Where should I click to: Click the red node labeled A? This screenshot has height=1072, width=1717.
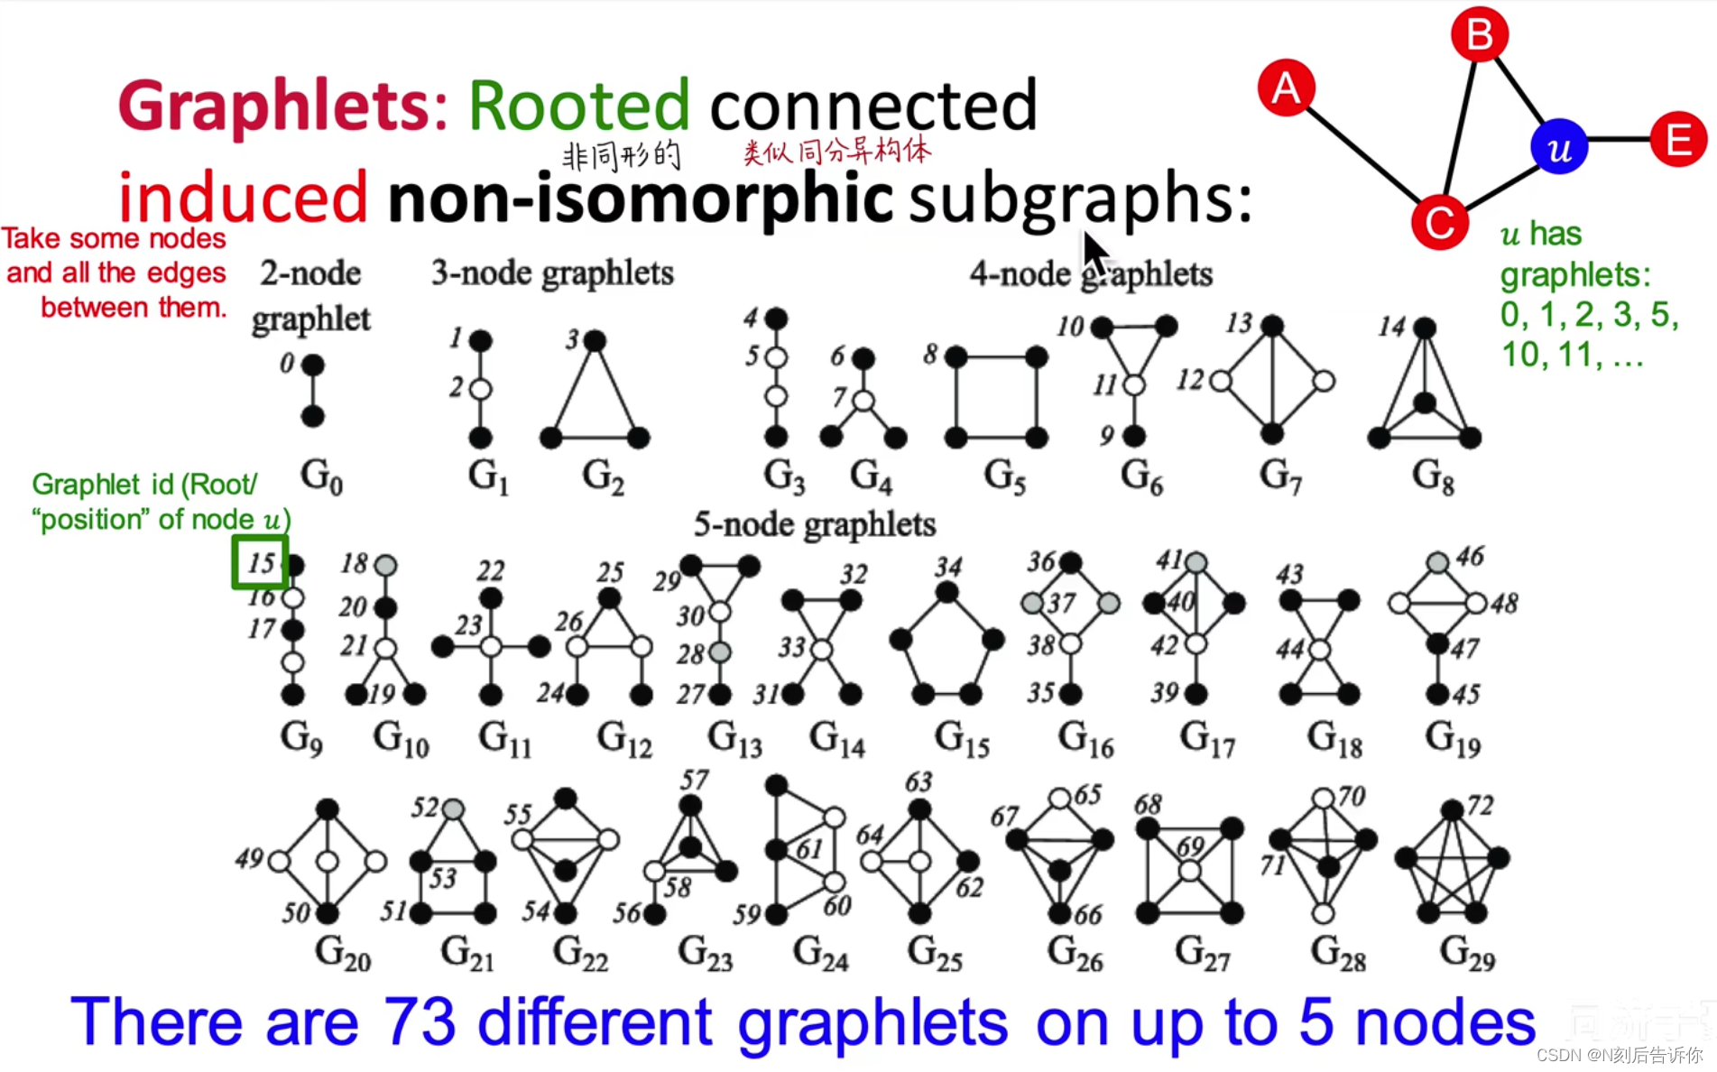1286,88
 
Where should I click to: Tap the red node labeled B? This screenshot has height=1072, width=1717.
1479,35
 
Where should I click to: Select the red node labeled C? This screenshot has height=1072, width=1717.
1439,222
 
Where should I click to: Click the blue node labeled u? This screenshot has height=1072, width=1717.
1559,147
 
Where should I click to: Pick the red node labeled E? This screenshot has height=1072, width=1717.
1678,140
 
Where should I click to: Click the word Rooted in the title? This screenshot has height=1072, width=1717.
579,106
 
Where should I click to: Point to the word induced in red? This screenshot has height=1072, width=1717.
243,197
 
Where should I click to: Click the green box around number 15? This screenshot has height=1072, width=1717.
260,562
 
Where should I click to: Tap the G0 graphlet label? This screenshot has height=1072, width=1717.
321,476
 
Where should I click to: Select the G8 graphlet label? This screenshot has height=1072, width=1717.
1433,476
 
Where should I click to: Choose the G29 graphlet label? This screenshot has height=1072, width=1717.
1467,953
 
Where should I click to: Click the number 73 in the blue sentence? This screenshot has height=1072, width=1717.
420,1022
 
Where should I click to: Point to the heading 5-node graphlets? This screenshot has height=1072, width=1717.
815,524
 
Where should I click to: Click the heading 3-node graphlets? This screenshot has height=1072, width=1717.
552,273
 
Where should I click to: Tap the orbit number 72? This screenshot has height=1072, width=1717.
1481,804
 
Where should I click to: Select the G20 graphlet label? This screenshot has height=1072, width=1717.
343,953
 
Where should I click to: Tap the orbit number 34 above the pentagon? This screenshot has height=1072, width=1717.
947,567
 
